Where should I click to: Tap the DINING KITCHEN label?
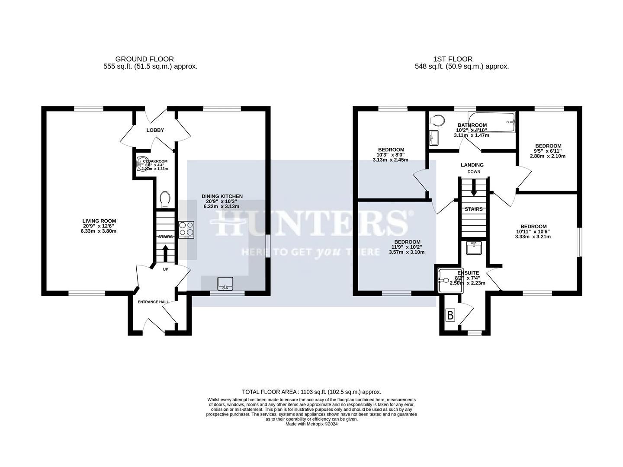point(222,196)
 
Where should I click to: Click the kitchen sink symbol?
point(225,283)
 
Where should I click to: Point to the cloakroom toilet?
point(164,199)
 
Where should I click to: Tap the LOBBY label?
point(155,130)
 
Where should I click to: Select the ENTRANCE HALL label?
point(153,302)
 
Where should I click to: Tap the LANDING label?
point(472,165)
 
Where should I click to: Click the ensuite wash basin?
point(474,248)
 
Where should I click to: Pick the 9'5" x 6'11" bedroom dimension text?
point(548,151)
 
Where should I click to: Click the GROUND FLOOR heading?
point(145,59)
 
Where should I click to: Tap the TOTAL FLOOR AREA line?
point(311,392)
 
